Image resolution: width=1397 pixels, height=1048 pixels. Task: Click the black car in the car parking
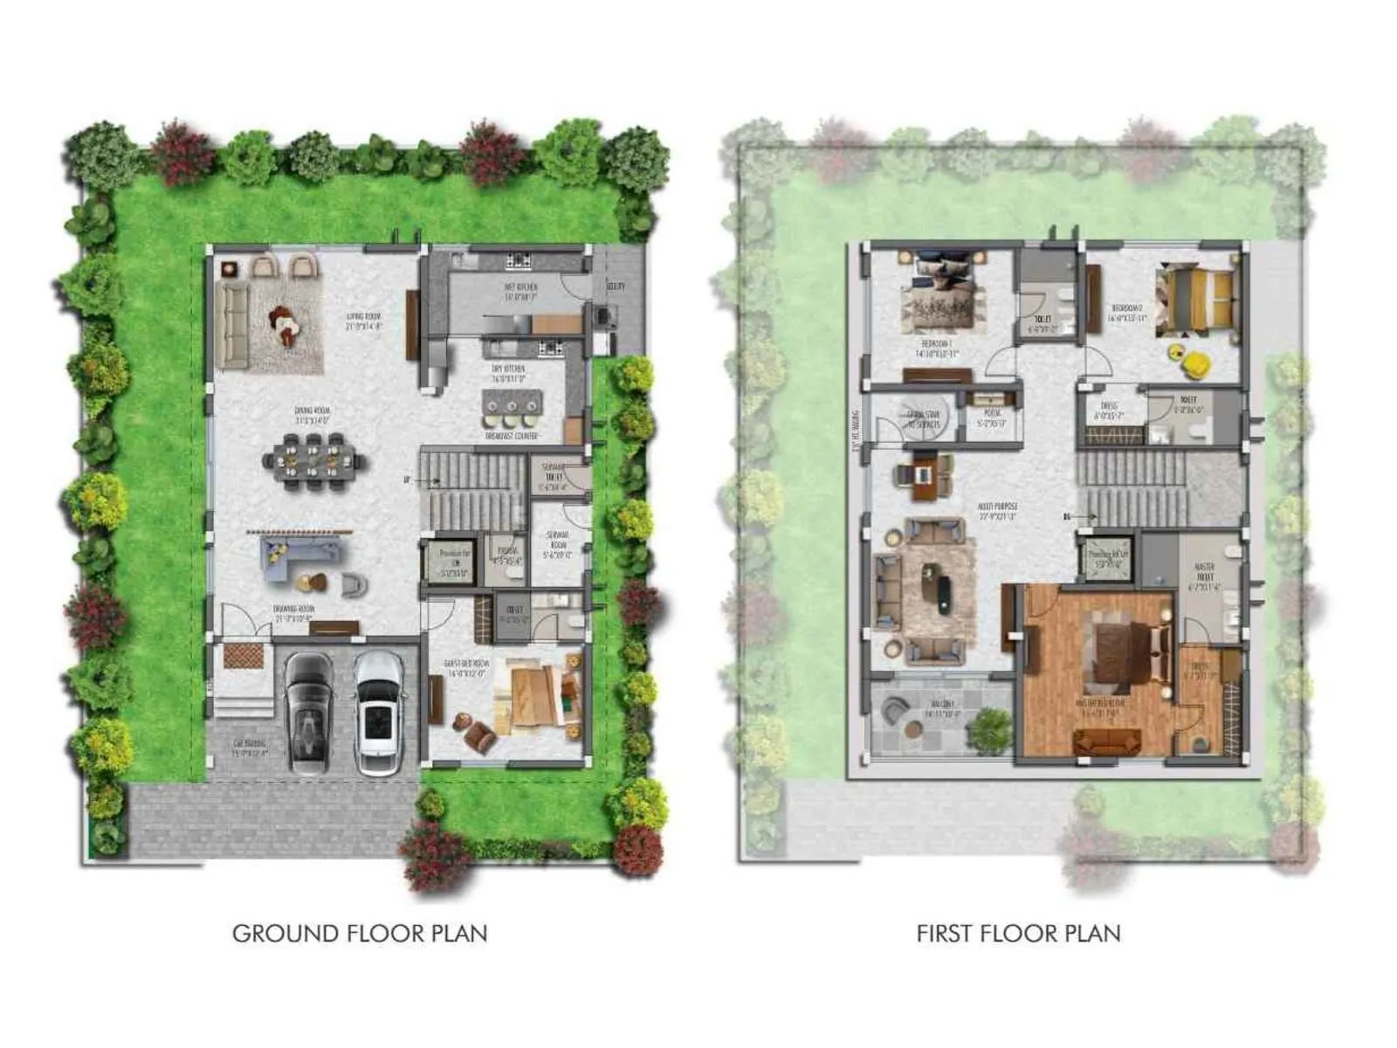308,712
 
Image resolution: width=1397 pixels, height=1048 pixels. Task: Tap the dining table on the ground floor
313,462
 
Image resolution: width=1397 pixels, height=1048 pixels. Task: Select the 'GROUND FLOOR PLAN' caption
360,933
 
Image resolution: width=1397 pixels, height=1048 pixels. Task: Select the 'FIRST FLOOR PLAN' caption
1018,933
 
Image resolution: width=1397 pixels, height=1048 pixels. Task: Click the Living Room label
364,321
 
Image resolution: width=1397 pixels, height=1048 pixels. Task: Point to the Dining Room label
312,414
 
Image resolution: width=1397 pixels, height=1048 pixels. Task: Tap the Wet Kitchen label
520,291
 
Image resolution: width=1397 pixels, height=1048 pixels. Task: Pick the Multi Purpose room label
998,510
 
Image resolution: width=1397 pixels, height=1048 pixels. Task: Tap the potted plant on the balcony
990,728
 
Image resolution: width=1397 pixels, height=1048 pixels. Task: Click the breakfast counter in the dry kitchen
513,405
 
